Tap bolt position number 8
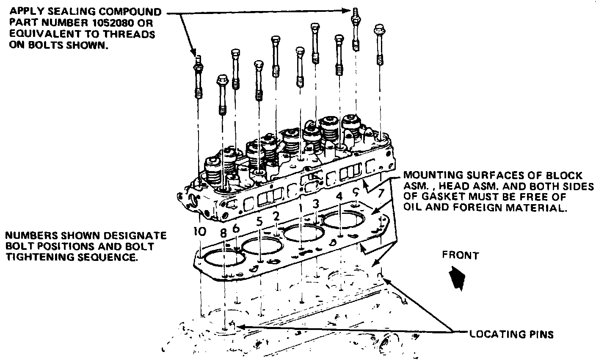[223, 233]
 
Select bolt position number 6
[236, 228]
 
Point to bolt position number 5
[259, 222]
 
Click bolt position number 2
[276, 216]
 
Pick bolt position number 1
[301, 208]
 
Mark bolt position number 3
[316, 204]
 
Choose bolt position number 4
[339, 196]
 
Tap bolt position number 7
[381, 193]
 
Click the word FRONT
[460, 255]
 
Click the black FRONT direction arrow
[457, 278]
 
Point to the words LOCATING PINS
[511, 335]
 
